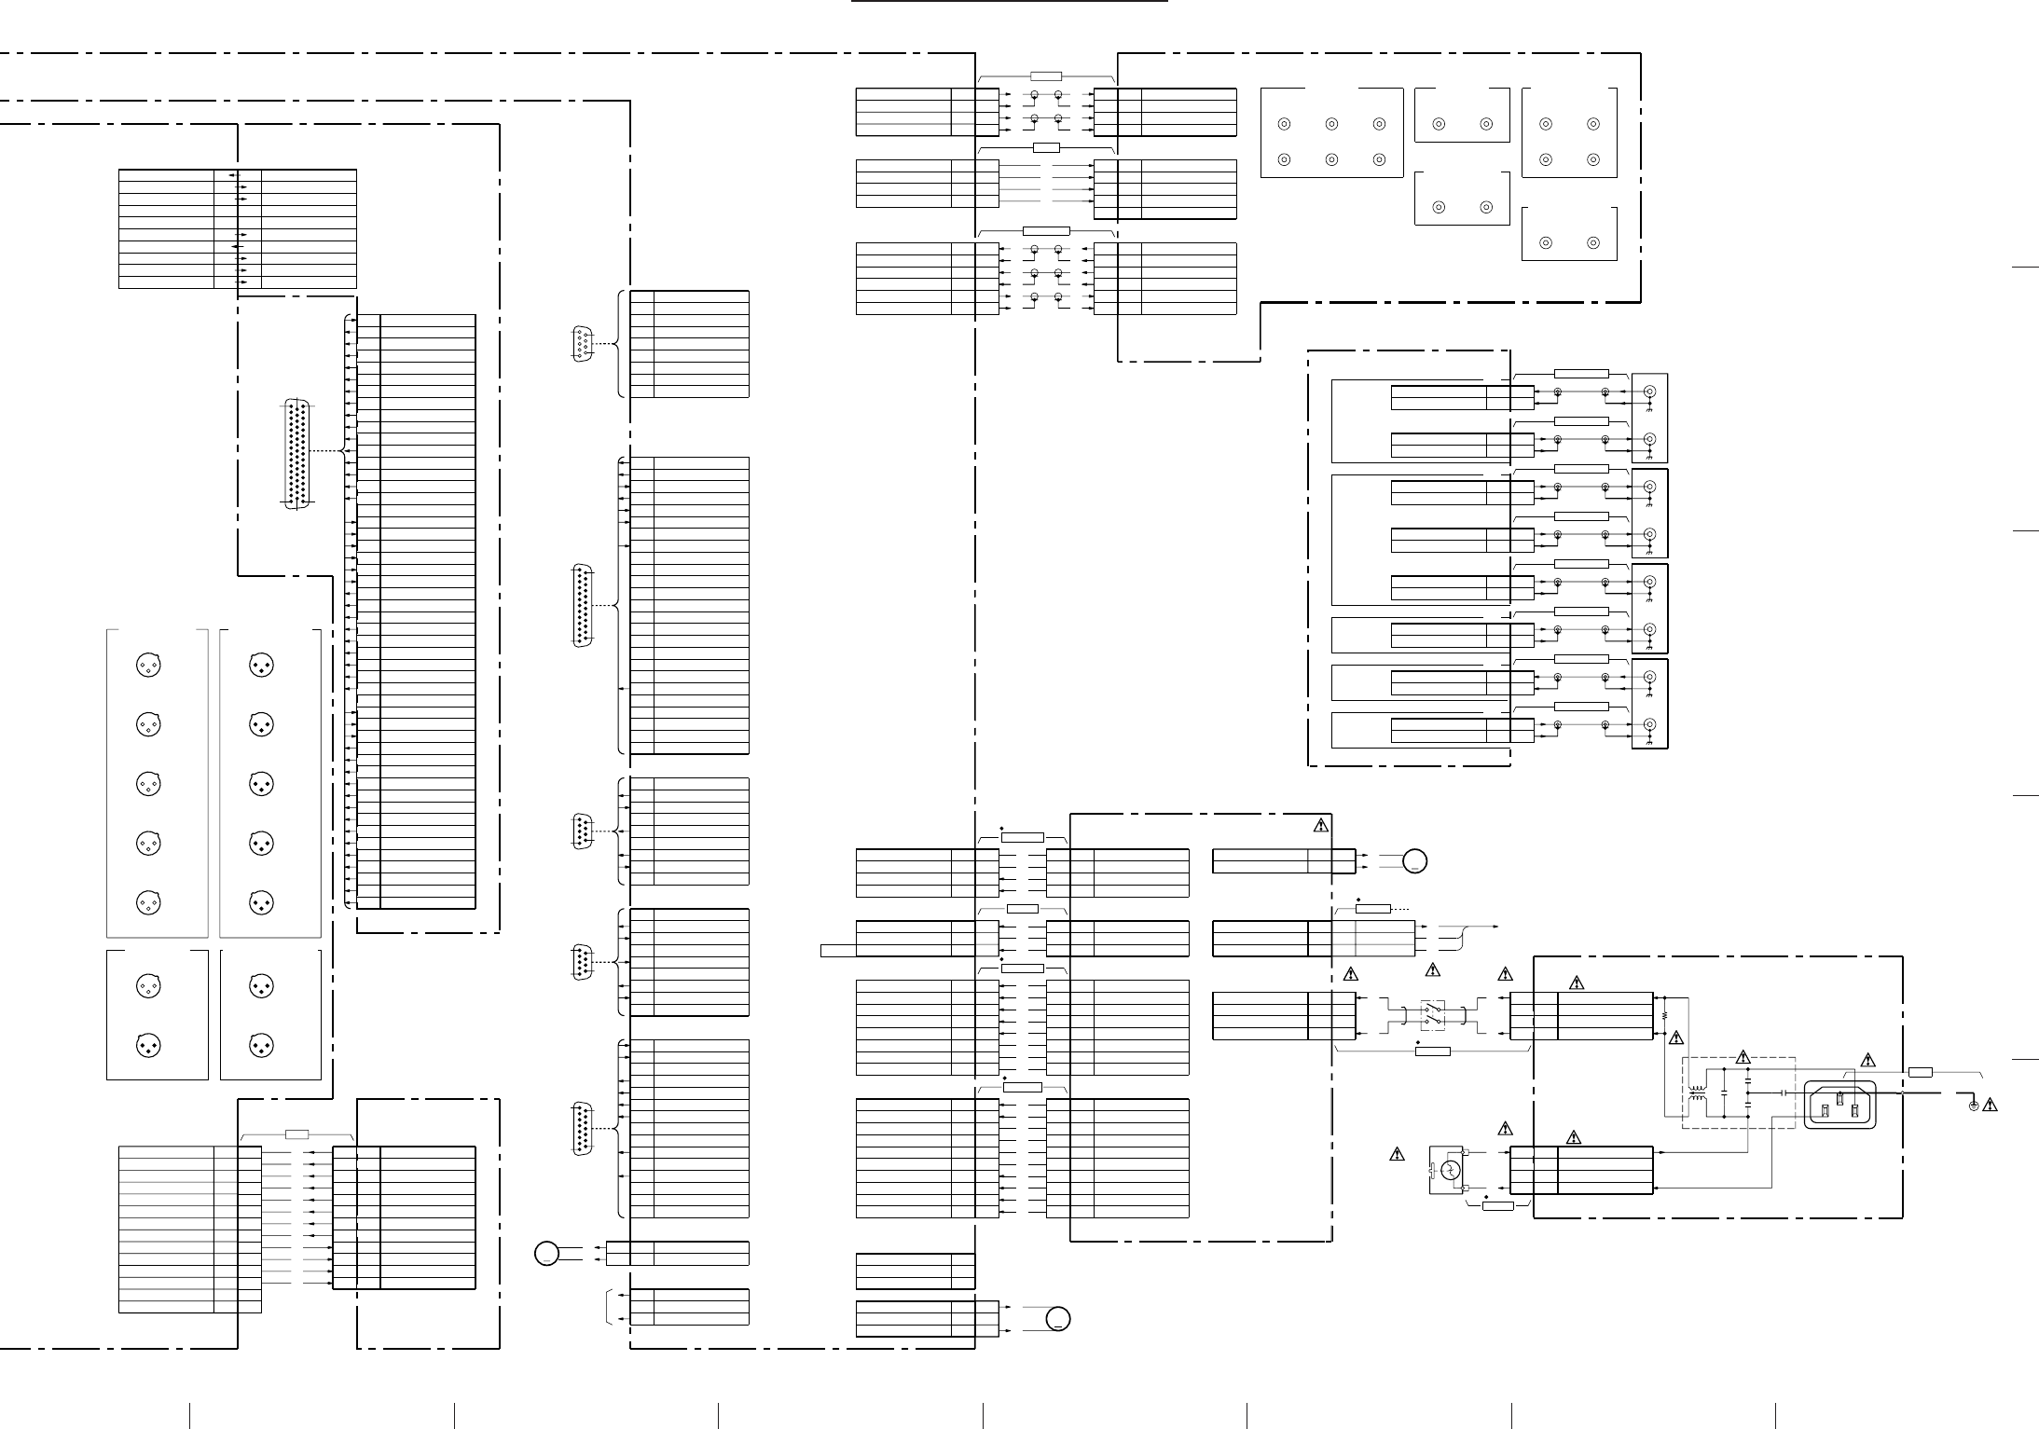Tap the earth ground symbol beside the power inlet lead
pyautogui.click(x=1973, y=1106)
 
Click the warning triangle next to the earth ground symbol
pyautogui.click(x=1991, y=1106)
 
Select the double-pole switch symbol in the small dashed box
pyautogui.click(x=1433, y=1013)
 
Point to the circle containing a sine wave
pyautogui.click(x=1450, y=1171)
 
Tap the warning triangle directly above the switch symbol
pyautogui.click(x=1433, y=972)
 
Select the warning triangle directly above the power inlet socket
pyautogui.click(x=1867, y=1060)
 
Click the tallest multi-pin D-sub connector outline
pyautogui.click(x=298, y=455)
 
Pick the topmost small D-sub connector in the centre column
pyautogui.click(x=582, y=343)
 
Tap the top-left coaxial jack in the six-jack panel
pyautogui.click(x=1284, y=124)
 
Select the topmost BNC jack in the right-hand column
pyautogui.click(x=1649, y=392)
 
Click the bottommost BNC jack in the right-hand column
pyautogui.click(x=1649, y=724)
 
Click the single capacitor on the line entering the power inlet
pyautogui.click(x=1783, y=1092)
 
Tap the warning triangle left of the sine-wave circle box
pyautogui.click(x=1397, y=1155)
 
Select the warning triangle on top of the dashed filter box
pyautogui.click(x=1743, y=1058)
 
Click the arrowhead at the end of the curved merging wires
pyautogui.click(x=1496, y=927)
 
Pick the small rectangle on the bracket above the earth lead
pyautogui.click(x=1921, y=1073)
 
